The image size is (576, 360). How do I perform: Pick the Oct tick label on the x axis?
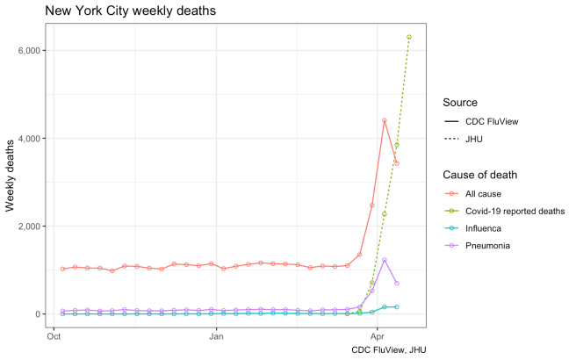54,335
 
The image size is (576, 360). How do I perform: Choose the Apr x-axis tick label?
378,335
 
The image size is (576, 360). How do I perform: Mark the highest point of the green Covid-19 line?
409,37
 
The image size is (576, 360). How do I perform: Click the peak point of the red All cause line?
385,120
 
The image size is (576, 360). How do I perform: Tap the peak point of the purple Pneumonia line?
385,260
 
